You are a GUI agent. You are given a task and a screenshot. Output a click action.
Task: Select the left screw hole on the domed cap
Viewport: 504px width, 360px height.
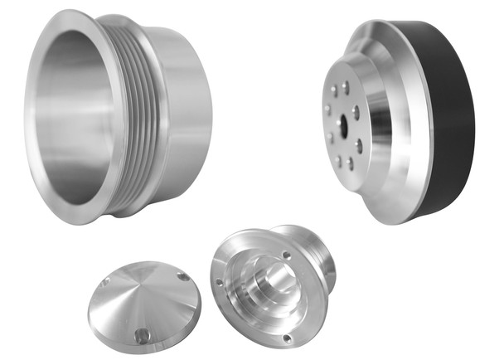(105, 283)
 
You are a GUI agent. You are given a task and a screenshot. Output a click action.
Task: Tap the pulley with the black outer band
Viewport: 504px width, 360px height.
(398, 124)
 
